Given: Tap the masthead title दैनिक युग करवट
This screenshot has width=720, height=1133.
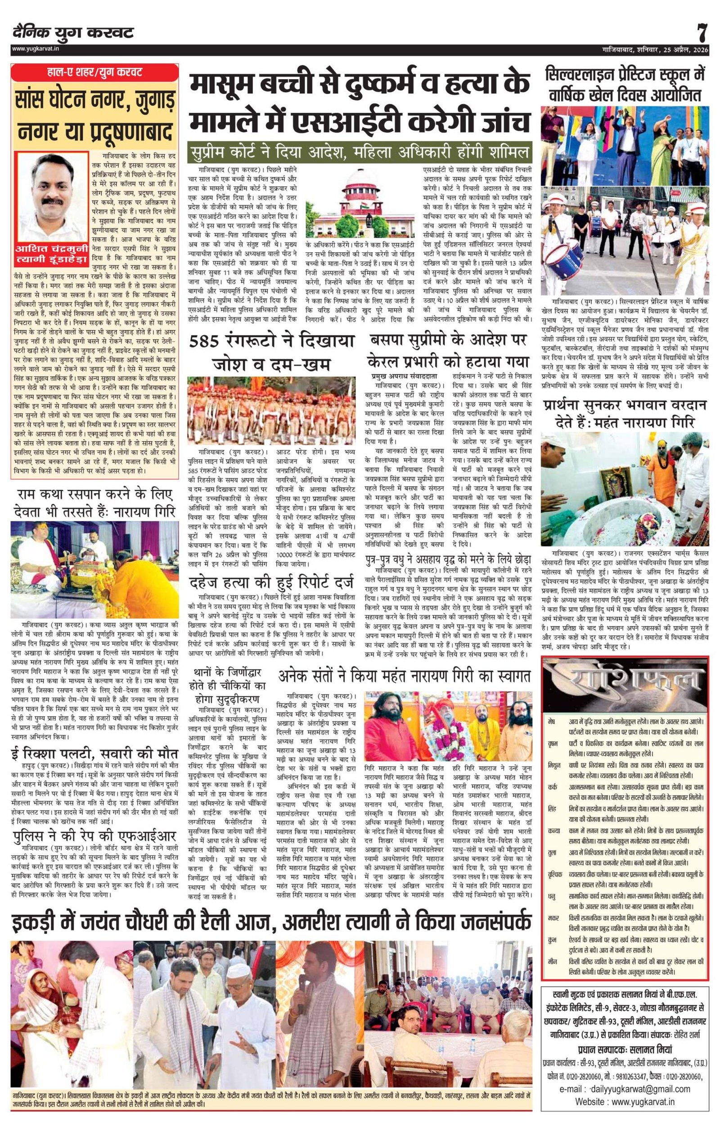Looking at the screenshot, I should coord(73,33).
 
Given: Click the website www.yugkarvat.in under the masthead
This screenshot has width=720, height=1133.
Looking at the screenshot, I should coord(37,49).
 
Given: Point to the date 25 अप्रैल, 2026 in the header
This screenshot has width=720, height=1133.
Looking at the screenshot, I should coord(679,49).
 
